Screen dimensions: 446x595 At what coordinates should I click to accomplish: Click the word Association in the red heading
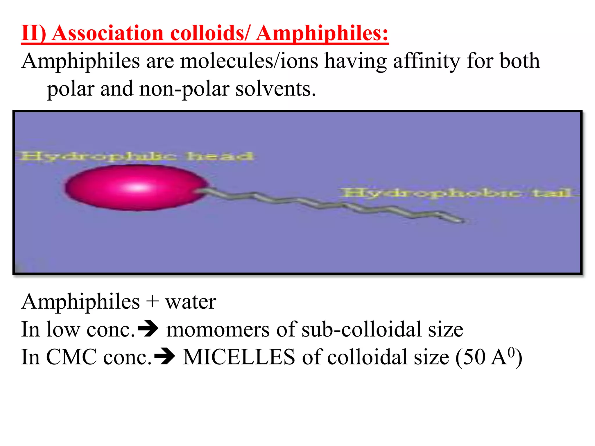[x=107, y=33]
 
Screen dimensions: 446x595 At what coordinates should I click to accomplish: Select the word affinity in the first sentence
[x=426, y=61]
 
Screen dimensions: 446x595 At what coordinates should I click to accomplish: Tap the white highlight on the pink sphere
[x=138, y=187]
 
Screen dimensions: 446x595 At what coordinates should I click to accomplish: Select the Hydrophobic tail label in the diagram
[x=456, y=193]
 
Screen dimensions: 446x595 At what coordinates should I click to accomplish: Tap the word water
[x=191, y=302]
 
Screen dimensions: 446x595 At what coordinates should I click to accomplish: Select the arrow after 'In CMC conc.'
[x=165, y=357]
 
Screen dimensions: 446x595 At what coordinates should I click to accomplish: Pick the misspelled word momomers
[x=218, y=330]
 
